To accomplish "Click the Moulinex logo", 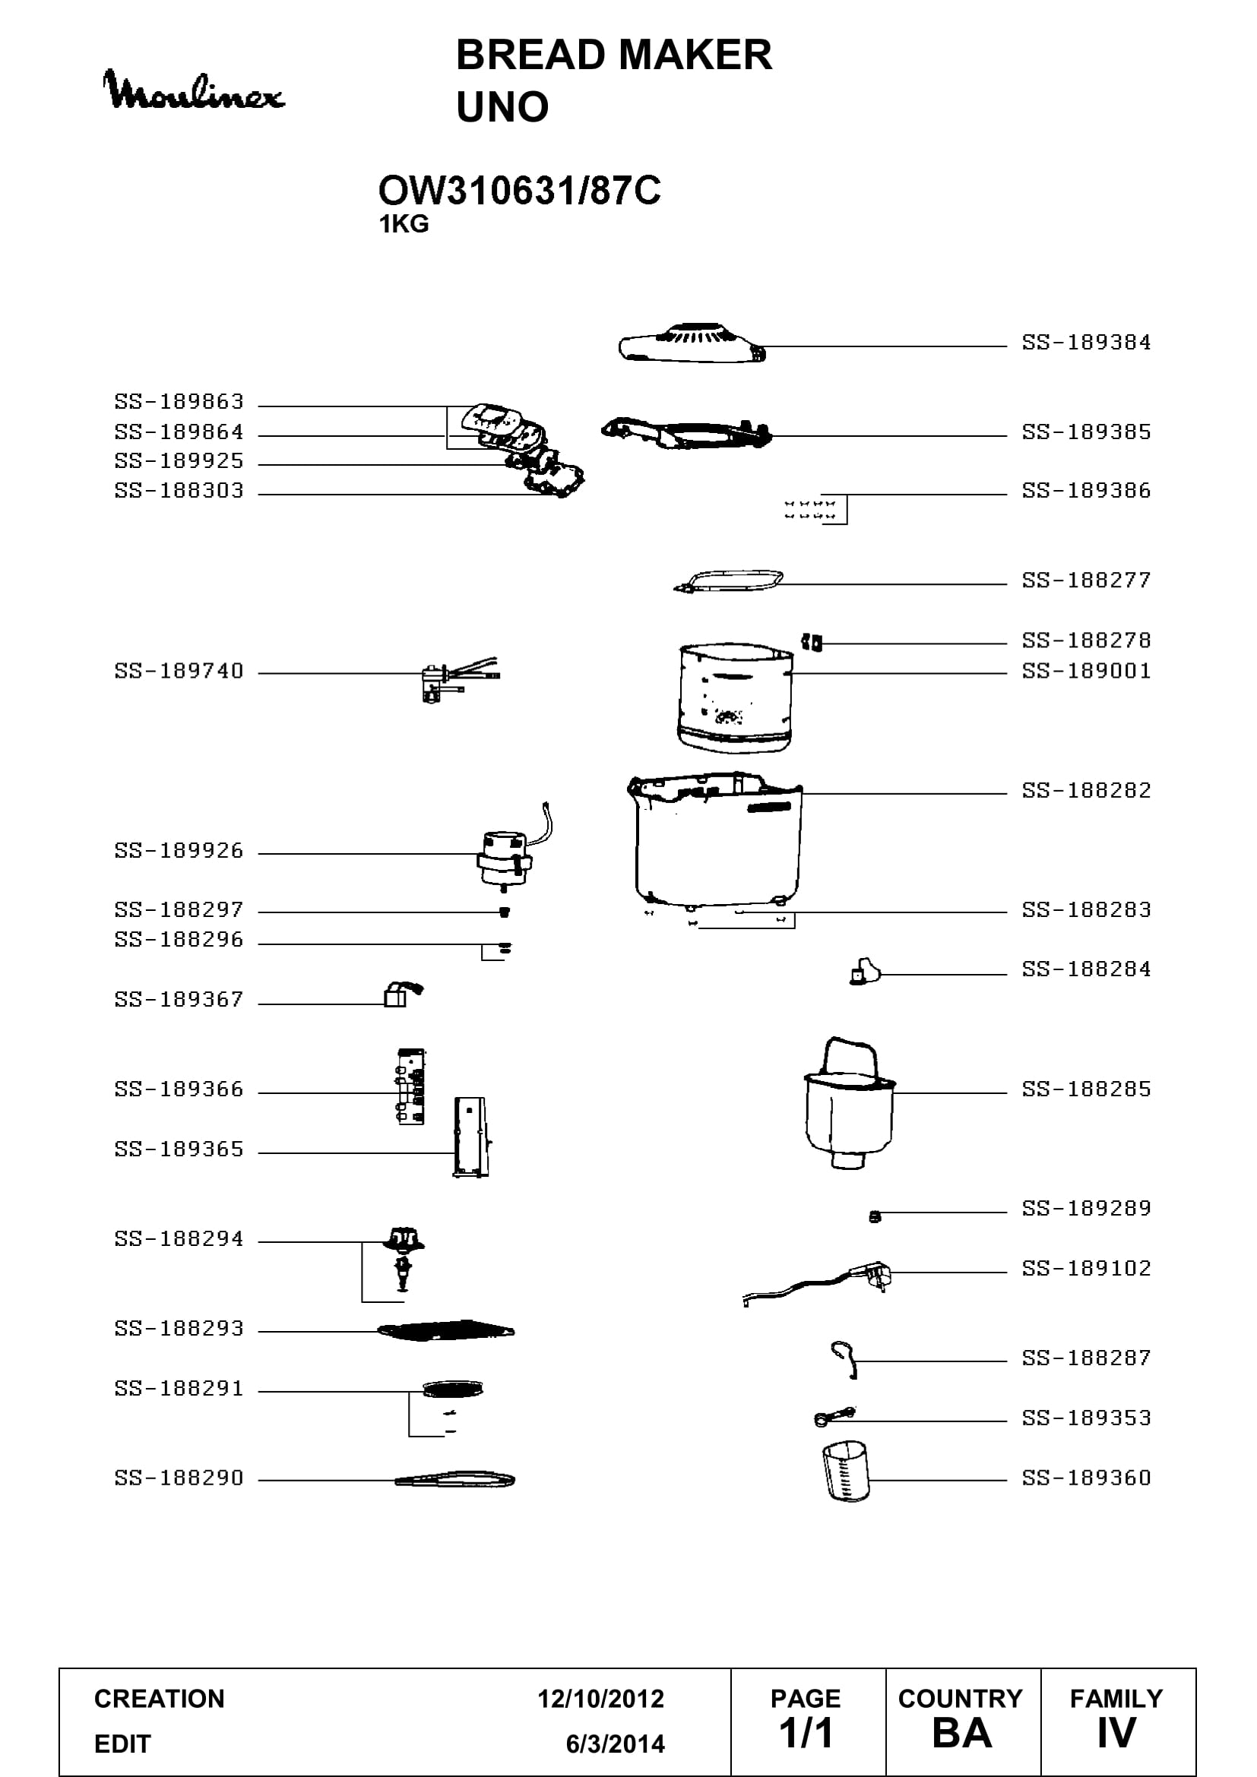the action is [194, 91].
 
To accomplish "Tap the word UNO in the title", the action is [502, 107].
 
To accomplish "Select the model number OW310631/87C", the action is [519, 191].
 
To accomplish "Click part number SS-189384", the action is [1086, 342].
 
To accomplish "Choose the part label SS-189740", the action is [179, 670].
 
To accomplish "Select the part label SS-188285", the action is [1086, 1089].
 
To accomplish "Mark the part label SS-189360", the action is [1086, 1478].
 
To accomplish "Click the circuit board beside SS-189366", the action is [410, 1086].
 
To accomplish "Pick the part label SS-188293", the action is [179, 1328].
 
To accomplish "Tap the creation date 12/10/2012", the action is [600, 1699].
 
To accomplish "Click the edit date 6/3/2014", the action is [616, 1744].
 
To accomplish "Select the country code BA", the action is [962, 1734].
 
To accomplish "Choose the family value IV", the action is [1116, 1734].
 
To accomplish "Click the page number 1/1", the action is [806, 1734].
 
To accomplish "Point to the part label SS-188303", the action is [179, 490].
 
